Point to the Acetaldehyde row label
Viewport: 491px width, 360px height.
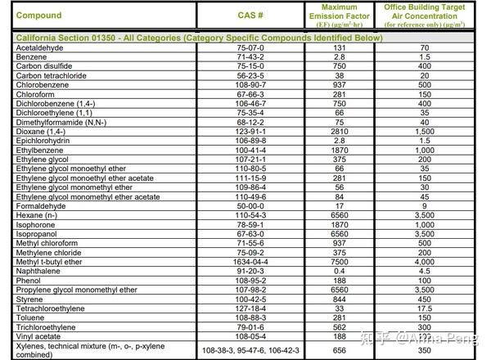41,48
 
